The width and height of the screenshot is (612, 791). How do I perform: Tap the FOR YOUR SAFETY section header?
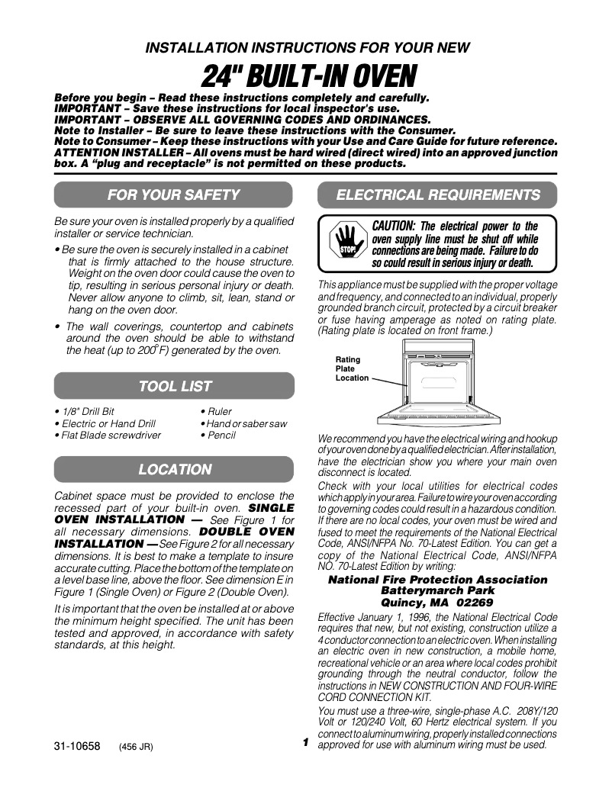tap(174, 195)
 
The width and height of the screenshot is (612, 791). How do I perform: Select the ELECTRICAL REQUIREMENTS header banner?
tap(437, 195)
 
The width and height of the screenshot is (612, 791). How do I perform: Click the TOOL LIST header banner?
tap(174, 387)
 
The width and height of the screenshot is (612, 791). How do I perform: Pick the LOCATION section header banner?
tap(174, 470)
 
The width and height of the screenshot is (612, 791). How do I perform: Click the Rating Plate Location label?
tap(352, 369)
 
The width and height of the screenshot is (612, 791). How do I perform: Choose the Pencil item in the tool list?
tap(218, 436)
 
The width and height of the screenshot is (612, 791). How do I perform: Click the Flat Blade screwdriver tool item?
tap(108, 436)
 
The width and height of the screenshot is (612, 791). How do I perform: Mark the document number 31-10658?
tap(77, 747)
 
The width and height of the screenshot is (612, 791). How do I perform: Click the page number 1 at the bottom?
tap(304, 742)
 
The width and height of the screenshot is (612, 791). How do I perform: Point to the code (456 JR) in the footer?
tap(137, 748)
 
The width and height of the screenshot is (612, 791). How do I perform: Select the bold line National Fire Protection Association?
tap(437, 580)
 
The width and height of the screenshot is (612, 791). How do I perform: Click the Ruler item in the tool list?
tap(217, 412)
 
